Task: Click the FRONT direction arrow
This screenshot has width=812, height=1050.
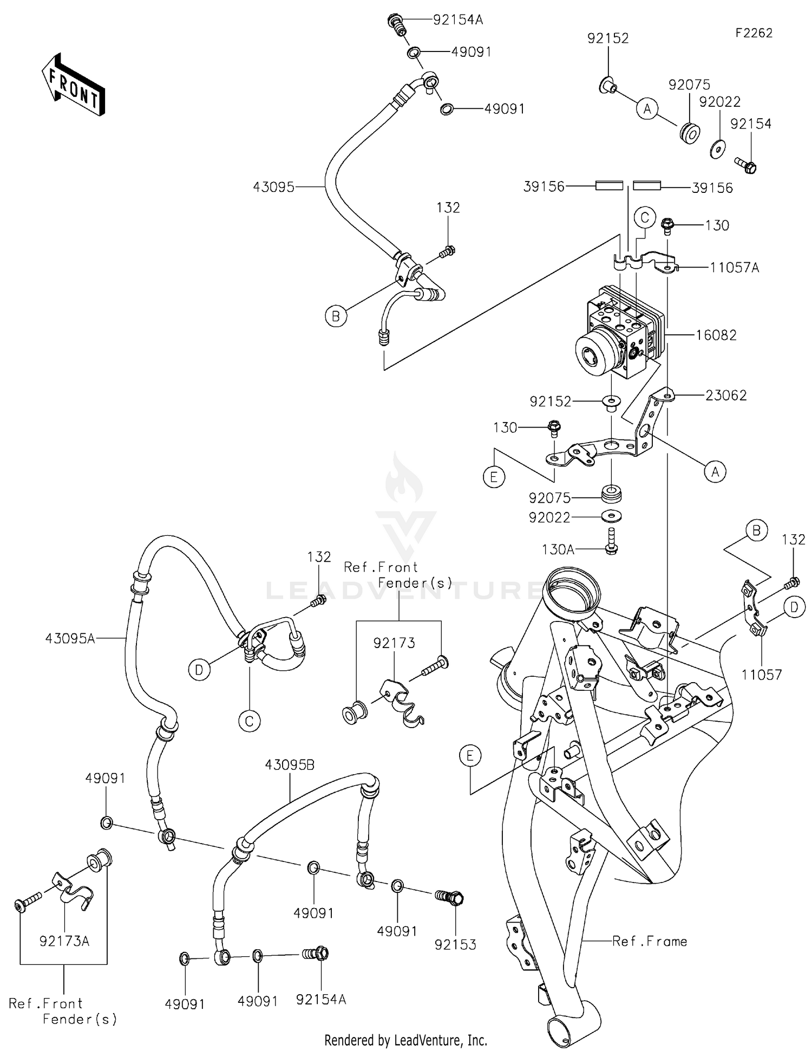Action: pyautogui.click(x=73, y=85)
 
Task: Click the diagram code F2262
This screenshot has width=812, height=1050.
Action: pyautogui.click(x=754, y=33)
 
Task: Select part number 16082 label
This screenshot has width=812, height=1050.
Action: pyautogui.click(x=716, y=335)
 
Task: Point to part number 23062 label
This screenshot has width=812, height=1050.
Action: pyautogui.click(x=725, y=396)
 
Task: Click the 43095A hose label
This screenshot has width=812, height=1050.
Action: pyautogui.click(x=70, y=639)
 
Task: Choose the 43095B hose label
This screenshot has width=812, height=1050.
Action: pyautogui.click(x=290, y=765)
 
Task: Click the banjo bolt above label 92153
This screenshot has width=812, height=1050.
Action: pyautogui.click(x=450, y=898)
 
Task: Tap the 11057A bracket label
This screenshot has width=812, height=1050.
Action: pyautogui.click(x=734, y=268)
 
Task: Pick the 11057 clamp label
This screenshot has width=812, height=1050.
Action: pyautogui.click(x=762, y=675)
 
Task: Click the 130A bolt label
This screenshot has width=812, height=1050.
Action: pyautogui.click(x=558, y=549)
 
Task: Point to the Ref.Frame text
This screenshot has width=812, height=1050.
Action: pyautogui.click(x=649, y=941)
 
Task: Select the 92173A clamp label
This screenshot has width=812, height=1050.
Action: pyautogui.click(x=64, y=941)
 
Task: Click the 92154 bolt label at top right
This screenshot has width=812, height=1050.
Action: pyautogui.click(x=750, y=124)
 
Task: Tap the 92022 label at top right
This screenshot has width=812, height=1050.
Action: pyautogui.click(x=719, y=102)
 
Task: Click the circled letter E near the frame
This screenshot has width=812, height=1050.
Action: pyautogui.click(x=469, y=755)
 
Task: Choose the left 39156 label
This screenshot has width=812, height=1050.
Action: pyautogui.click(x=543, y=187)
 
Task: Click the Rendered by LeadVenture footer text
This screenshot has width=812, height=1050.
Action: pyautogui.click(x=405, y=1040)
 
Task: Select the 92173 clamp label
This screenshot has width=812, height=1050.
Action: pyautogui.click(x=394, y=643)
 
